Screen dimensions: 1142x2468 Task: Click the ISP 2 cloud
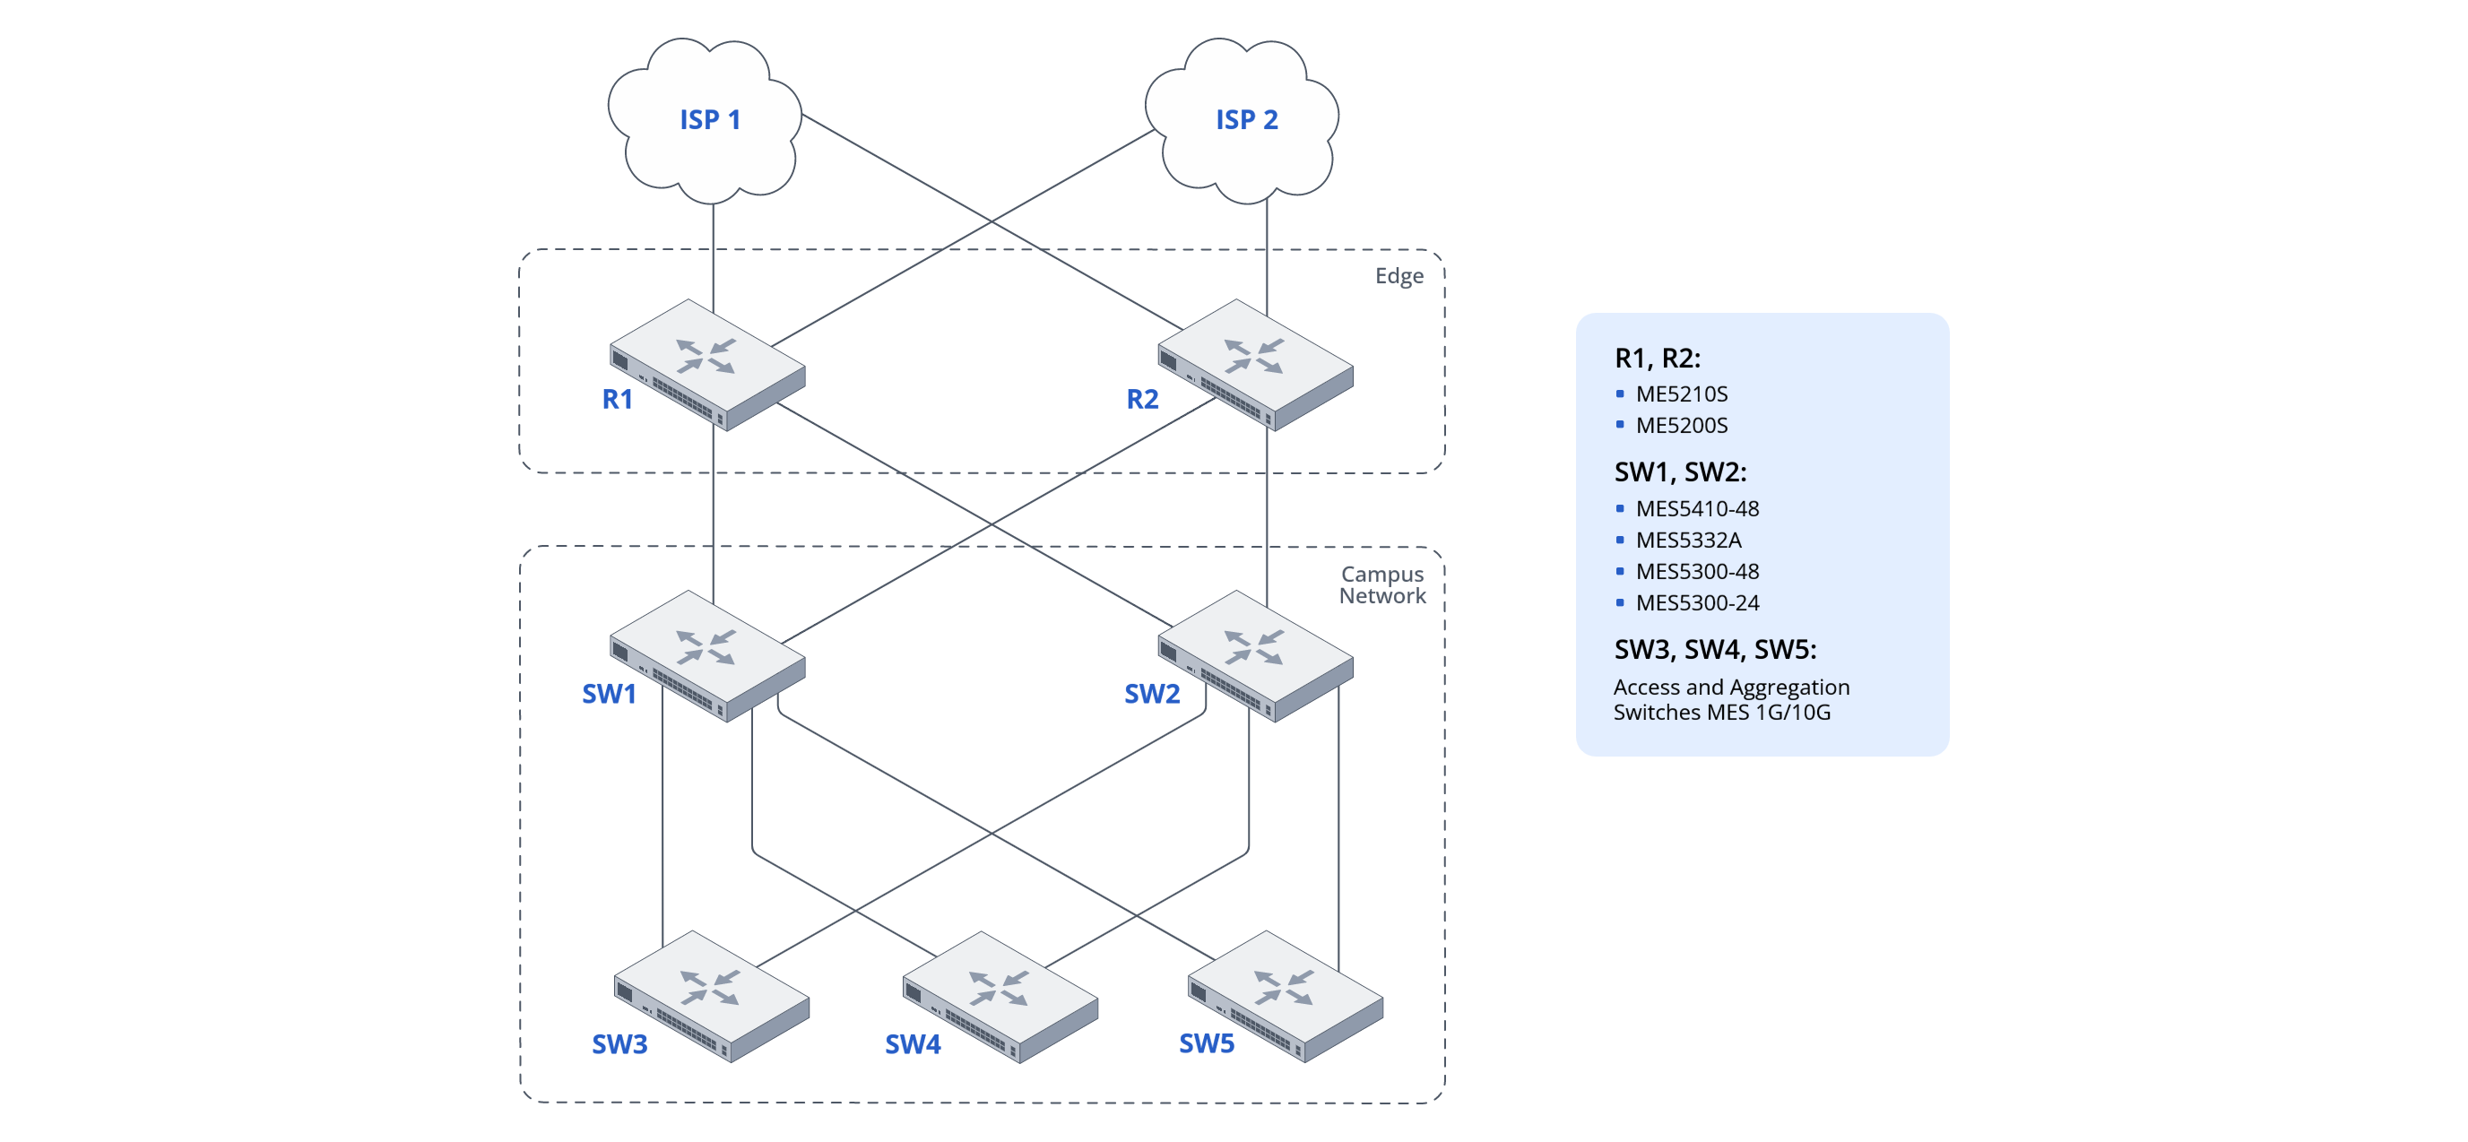tap(1243, 120)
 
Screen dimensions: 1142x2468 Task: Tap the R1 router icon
tap(707, 365)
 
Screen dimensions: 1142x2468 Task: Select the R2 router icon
tap(1255, 365)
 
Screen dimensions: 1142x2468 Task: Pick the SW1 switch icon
tap(707, 656)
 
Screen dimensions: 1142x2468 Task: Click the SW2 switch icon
tap(1255, 656)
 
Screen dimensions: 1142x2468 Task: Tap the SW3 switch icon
tap(711, 997)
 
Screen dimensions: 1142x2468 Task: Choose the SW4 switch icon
tap(1000, 997)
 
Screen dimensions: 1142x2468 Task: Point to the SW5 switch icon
tap(1285, 997)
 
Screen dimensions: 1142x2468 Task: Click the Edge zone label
tap(1399, 276)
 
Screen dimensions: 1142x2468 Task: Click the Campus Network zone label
tap(1381, 584)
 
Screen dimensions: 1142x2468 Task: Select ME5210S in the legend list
tap(1682, 394)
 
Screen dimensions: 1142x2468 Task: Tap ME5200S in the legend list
tap(1682, 426)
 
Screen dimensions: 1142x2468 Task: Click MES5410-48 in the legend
tap(1697, 509)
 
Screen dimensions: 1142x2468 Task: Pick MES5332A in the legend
tap(1688, 541)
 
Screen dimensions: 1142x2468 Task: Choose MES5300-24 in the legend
tap(1697, 602)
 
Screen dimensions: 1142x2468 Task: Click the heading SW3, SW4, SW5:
tap(1715, 650)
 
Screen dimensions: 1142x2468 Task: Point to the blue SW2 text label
tap(1152, 694)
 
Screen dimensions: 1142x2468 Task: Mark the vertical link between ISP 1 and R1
tap(713, 254)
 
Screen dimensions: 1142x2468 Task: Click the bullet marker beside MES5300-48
tap(1620, 572)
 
